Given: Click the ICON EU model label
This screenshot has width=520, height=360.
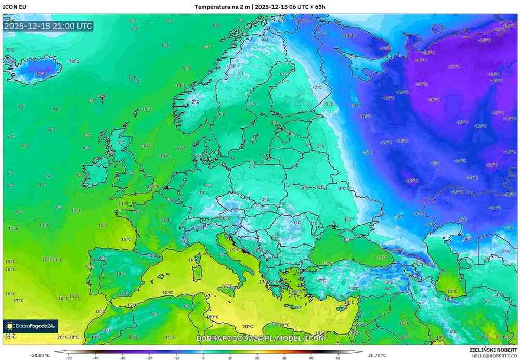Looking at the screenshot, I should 15,7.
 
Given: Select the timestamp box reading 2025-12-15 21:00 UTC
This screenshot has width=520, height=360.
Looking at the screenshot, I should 48,26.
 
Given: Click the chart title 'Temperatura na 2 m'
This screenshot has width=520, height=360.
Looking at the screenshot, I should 222,7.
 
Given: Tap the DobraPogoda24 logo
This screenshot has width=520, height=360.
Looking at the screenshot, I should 30,326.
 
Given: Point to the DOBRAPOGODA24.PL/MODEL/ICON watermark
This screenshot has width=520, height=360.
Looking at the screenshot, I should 260,338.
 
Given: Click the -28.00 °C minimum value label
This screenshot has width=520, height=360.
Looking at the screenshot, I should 40,355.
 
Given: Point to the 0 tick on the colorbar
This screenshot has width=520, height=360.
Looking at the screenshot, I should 203,358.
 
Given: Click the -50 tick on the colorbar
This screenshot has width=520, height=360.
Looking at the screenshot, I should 68,358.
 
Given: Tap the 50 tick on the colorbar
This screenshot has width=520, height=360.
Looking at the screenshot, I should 338,358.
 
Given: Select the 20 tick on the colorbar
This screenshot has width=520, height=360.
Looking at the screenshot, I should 257,358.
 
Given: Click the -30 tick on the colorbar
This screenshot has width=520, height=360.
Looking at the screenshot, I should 122,358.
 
